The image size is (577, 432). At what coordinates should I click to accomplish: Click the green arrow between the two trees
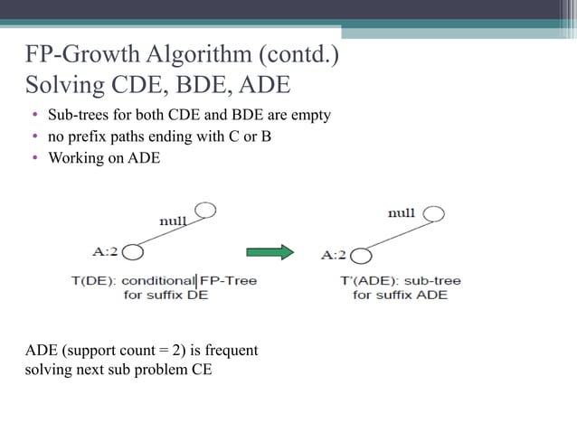(x=270, y=252)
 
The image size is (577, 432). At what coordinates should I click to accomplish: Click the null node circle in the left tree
(x=205, y=211)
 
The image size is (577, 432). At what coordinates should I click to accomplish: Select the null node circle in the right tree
(x=433, y=215)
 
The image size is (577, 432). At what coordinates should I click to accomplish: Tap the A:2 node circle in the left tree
(x=133, y=252)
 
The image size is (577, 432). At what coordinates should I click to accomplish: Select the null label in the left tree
(x=173, y=221)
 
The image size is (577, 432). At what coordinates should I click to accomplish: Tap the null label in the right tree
(x=401, y=213)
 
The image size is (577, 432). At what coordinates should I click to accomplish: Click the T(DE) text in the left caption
(x=93, y=280)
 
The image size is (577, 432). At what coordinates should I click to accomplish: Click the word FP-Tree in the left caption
(x=228, y=280)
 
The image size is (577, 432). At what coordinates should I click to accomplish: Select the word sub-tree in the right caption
(x=435, y=280)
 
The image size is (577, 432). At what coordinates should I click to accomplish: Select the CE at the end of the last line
(x=202, y=370)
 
